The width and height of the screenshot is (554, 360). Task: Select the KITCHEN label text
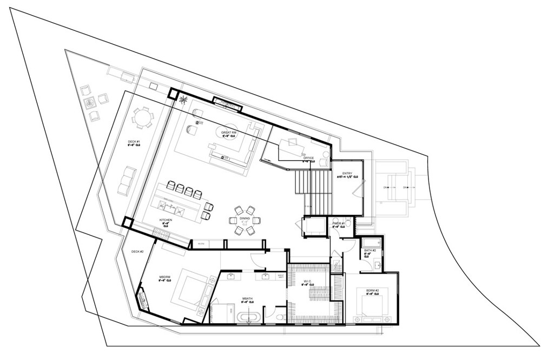coord(166,220)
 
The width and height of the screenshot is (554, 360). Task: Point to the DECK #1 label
coord(134,143)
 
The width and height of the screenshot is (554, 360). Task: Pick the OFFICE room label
coord(308,159)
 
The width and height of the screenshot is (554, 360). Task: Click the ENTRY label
coord(346,174)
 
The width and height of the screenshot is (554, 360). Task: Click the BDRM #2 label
coord(372,291)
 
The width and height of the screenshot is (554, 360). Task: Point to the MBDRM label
coord(165,277)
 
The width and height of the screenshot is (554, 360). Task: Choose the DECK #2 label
coord(137,252)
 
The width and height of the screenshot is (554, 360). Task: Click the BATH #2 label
coord(370,251)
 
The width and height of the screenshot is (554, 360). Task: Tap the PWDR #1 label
coord(339,223)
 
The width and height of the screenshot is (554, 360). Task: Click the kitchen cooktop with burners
coord(162,233)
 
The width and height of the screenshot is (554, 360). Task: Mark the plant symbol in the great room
coord(184,99)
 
